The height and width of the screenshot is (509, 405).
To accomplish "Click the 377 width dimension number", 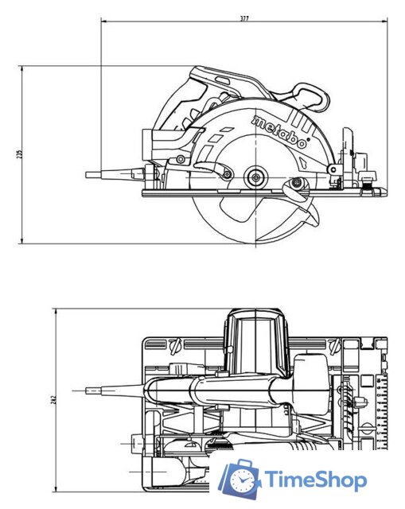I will [243, 17].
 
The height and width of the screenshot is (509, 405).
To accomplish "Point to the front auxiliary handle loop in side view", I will [309, 98].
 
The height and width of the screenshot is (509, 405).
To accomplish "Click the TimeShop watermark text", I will [316, 480].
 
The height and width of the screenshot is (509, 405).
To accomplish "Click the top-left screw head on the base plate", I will [177, 346].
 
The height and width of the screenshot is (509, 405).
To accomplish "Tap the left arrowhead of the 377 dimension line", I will [103, 21].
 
